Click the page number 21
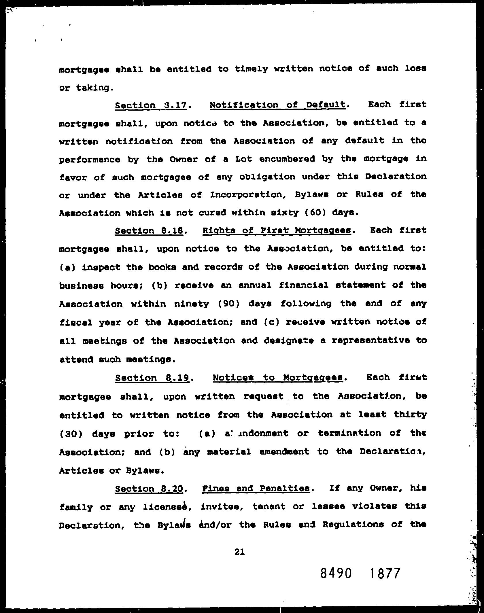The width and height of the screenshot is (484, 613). [x=239, y=552]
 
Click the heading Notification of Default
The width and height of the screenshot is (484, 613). [x=278, y=105]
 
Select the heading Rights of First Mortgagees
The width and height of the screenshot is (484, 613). [x=277, y=230]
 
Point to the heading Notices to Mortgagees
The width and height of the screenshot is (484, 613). [x=278, y=377]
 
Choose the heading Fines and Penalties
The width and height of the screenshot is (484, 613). [x=256, y=488]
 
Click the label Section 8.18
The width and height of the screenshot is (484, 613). [x=149, y=231]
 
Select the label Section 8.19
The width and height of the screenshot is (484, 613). [x=152, y=378]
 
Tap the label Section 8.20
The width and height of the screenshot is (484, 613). [x=149, y=489]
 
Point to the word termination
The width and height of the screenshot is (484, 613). [x=349, y=433]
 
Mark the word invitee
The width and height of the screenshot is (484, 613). [x=222, y=506]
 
